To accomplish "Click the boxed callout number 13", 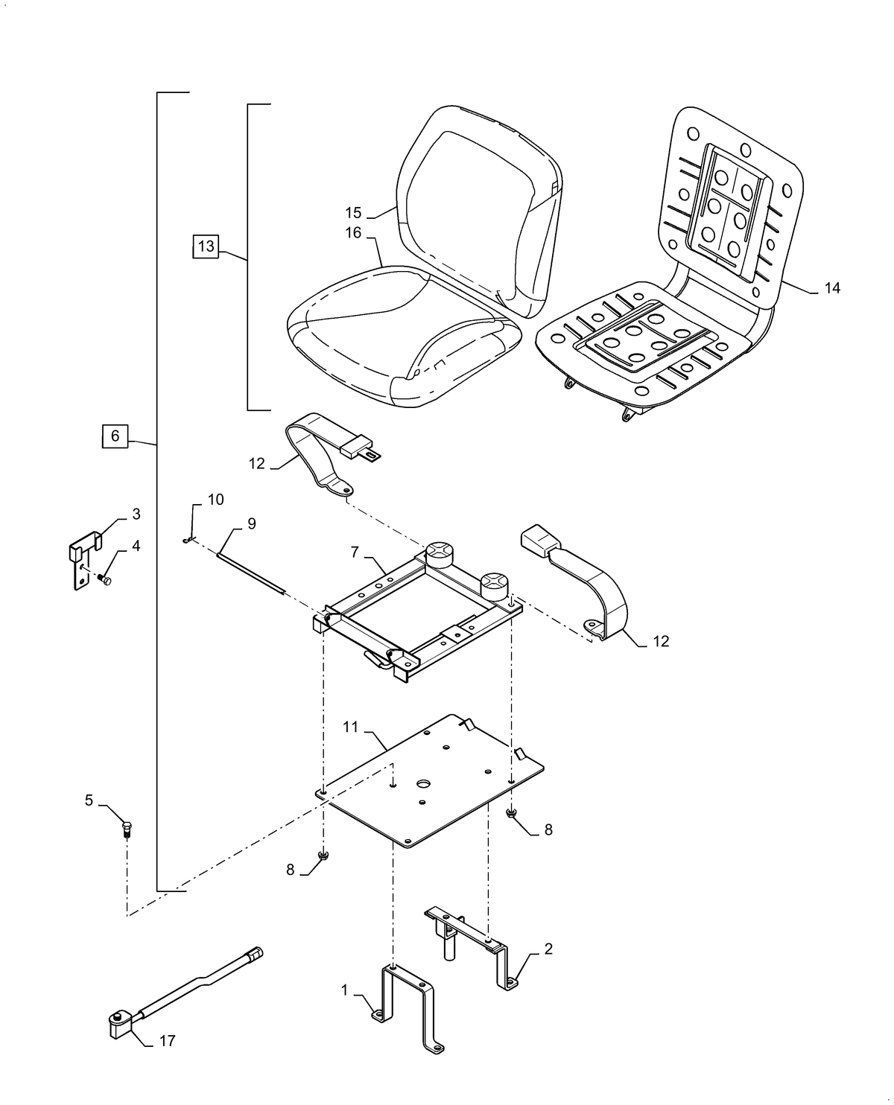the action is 206,246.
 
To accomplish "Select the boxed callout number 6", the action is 115,436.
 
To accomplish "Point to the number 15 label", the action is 353,213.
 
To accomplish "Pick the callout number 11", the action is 351,727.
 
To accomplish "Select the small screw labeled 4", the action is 104,580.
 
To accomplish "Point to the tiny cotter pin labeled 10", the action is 189,541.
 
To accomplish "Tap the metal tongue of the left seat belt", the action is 370,455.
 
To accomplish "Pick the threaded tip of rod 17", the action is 256,954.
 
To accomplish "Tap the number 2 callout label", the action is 548,949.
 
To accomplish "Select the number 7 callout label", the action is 355,552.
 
